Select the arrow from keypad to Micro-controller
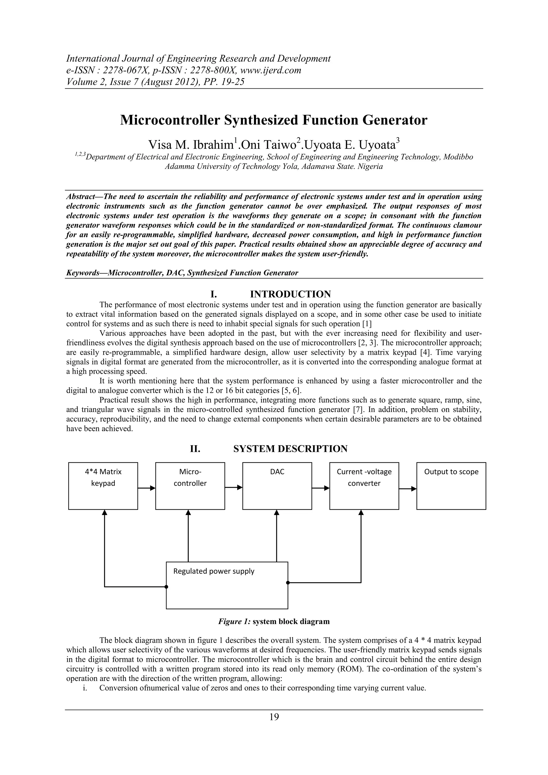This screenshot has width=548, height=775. click(x=146, y=488)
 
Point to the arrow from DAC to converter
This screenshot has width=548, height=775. click(x=321, y=488)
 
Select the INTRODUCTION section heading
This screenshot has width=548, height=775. click(x=290, y=294)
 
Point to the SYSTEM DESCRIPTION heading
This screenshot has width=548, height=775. click(x=290, y=449)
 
